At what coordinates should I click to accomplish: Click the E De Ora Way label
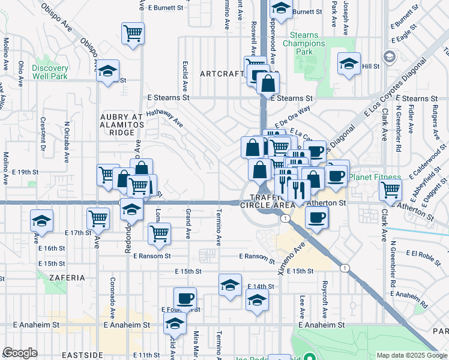click(292, 113)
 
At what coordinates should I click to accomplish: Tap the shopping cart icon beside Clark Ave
click(391, 190)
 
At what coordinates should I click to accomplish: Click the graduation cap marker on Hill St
click(349, 64)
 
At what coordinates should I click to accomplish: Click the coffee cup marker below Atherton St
click(316, 217)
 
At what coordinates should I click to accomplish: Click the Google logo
click(20, 353)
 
